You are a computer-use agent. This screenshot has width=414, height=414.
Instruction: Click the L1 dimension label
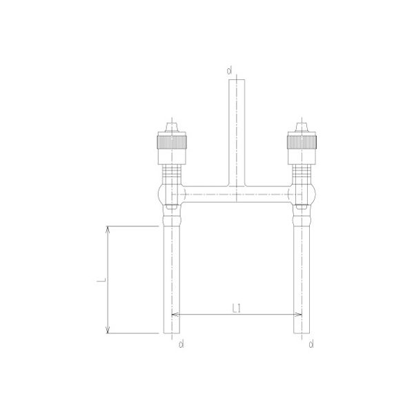pyautogui.click(x=236, y=307)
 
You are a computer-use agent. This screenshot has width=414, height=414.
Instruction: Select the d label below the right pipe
pyautogui.click(x=312, y=343)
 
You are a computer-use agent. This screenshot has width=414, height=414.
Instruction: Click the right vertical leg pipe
pyautogui.click(x=300, y=276)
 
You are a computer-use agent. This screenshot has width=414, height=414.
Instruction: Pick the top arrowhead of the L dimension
pyautogui.click(x=108, y=229)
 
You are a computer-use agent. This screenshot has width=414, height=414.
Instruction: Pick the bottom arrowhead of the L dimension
pyautogui.click(x=108, y=329)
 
